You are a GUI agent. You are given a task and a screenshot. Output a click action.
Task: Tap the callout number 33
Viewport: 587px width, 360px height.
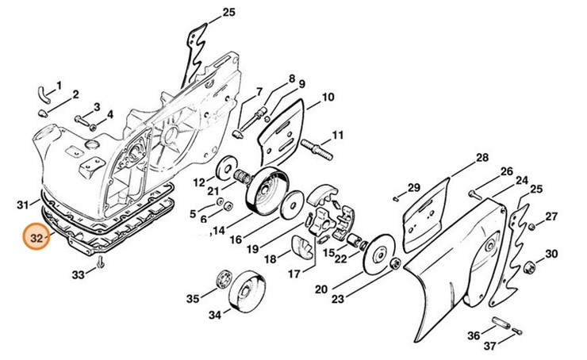pyautogui.click(x=78, y=275)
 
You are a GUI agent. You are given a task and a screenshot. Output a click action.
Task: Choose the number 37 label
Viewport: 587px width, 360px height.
pyautogui.click(x=489, y=346)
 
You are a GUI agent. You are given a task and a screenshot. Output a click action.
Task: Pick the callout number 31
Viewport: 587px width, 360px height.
pyautogui.click(x=22, y=205)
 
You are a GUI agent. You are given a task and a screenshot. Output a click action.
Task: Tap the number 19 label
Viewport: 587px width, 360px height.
pyautogui.click(x=252, y=247)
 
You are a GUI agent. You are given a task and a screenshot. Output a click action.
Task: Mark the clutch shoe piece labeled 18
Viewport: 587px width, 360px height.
pyautogui.click(x=302, y=247)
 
